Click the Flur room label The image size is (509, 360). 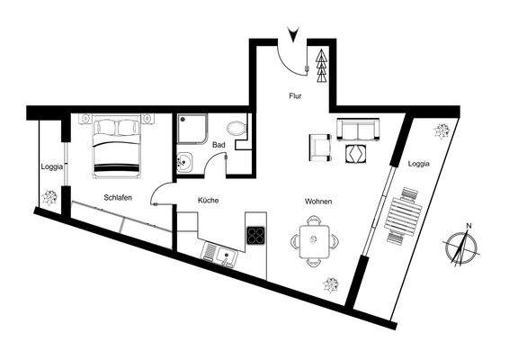pos(294,94)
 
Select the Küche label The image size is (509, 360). pos(209,201)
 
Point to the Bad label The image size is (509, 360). pos(219,144)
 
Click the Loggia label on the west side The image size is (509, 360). pos(50,166)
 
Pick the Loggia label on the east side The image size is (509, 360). pos(418,164)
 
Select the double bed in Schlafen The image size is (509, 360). pos(118,148)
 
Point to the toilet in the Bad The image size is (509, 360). pos(237,129)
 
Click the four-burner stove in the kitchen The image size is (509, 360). pos(255,235)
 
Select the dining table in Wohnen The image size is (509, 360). pos(315,243)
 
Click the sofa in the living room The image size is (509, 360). pos(358,130)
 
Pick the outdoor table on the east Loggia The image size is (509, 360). pos(403,216)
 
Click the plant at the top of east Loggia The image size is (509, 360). pos(442,130)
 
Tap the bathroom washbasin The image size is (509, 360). pos(183,163)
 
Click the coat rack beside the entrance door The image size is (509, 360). pos(320,60)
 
